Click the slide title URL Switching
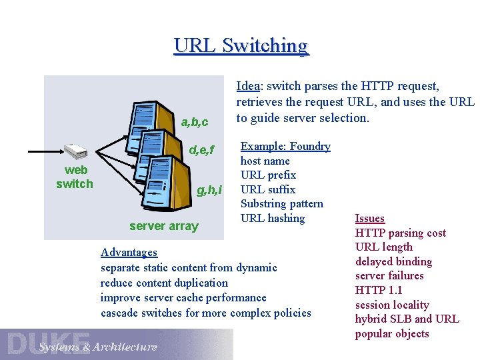click(241, 45)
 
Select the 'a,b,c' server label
click(195, 122)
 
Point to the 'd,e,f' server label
click(201, 150)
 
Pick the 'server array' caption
click(164, 226)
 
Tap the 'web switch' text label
click(75, 177)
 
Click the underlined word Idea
click(248, 86)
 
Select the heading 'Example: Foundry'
click(285, 147)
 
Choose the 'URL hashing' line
click(273, 218)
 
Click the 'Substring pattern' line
click(281, 204)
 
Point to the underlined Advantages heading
click(129, 252)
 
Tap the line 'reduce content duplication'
click(164, 283)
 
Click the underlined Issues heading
click(370, 219)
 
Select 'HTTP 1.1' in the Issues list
click(379, 290)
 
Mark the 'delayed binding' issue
click(393, 261)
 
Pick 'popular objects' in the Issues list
click(392, 333)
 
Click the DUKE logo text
click(48, 343)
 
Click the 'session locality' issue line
click(392, 305)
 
